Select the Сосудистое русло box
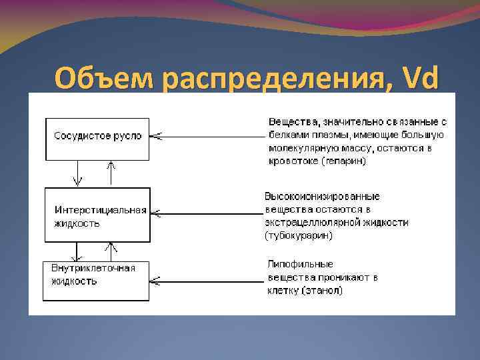[x=97, y=138]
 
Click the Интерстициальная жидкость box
[x=97, y=215]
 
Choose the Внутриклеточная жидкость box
[x=97, y=281]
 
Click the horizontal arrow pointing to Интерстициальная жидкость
[x=207, y=213]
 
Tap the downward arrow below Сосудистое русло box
[x=79, y=173]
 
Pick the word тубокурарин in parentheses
[x=299, y=235]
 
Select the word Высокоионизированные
[x=322, y=196]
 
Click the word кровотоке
[x=291, y=161]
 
